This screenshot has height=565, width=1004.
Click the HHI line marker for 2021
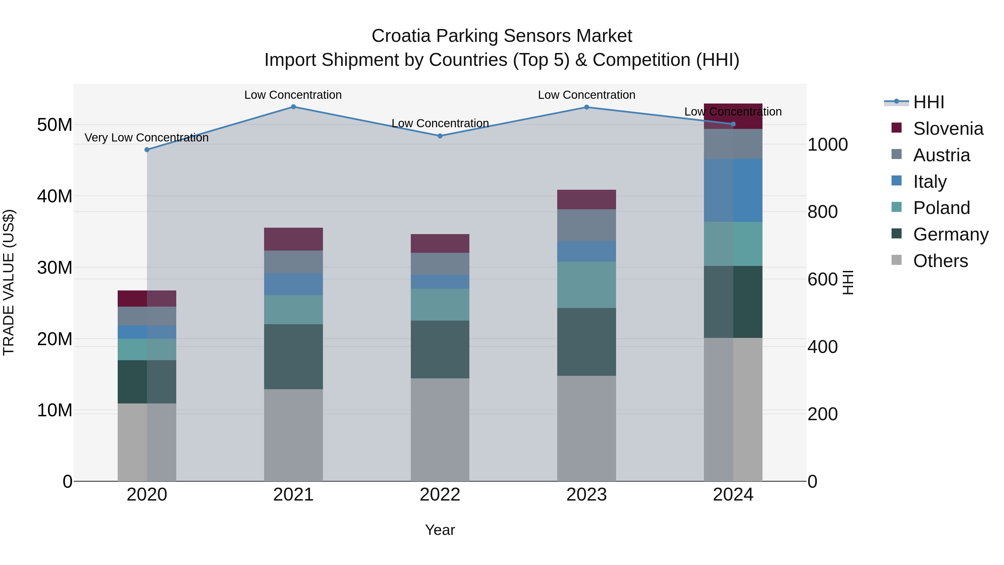293,107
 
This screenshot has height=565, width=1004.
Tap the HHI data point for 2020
147,150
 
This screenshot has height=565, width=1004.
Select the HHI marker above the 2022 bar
440,136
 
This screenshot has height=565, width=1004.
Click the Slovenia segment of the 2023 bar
586,200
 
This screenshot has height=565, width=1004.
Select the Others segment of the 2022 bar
440,429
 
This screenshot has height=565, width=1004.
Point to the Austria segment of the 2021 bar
293,262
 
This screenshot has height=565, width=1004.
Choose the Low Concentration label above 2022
440,123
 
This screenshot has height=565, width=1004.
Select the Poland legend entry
941,208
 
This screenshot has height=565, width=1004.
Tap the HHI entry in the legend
928,102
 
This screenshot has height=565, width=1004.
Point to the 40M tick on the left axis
55,196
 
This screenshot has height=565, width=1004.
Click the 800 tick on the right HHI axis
822,212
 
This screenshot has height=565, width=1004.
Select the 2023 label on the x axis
586,495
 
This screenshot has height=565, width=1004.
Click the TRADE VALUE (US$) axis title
9,282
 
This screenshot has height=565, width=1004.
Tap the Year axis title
440,530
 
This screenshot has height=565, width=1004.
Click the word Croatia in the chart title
401,36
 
